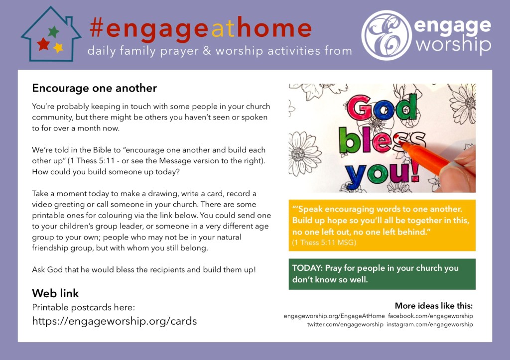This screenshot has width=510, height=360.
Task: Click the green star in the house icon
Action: click(54, 31)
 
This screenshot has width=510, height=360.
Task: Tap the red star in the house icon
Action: click(43, 44)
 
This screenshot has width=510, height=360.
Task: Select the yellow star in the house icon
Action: click(58, 48)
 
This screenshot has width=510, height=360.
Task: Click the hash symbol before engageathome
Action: click(97, 28)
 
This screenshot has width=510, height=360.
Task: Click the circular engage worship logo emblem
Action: click(386, 35)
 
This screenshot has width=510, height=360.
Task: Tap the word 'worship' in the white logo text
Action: click(453, 44)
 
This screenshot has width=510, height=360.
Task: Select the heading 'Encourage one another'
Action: click(94, 88)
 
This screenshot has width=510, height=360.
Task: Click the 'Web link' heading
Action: click(55, 293)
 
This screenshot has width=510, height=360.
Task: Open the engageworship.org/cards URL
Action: click(115, 321)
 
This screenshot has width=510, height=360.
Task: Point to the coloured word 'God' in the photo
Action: click(382, 108)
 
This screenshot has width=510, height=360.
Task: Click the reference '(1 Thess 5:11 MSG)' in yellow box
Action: click(324, 242)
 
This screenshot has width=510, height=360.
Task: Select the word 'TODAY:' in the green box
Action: click(307, 268)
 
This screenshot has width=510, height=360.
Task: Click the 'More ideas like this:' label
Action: click(434, 306)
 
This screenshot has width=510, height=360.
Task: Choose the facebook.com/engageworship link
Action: click(430, 316)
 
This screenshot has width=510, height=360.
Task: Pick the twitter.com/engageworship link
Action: click(345, 324)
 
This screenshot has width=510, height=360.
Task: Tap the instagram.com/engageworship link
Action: click(430, 324)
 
